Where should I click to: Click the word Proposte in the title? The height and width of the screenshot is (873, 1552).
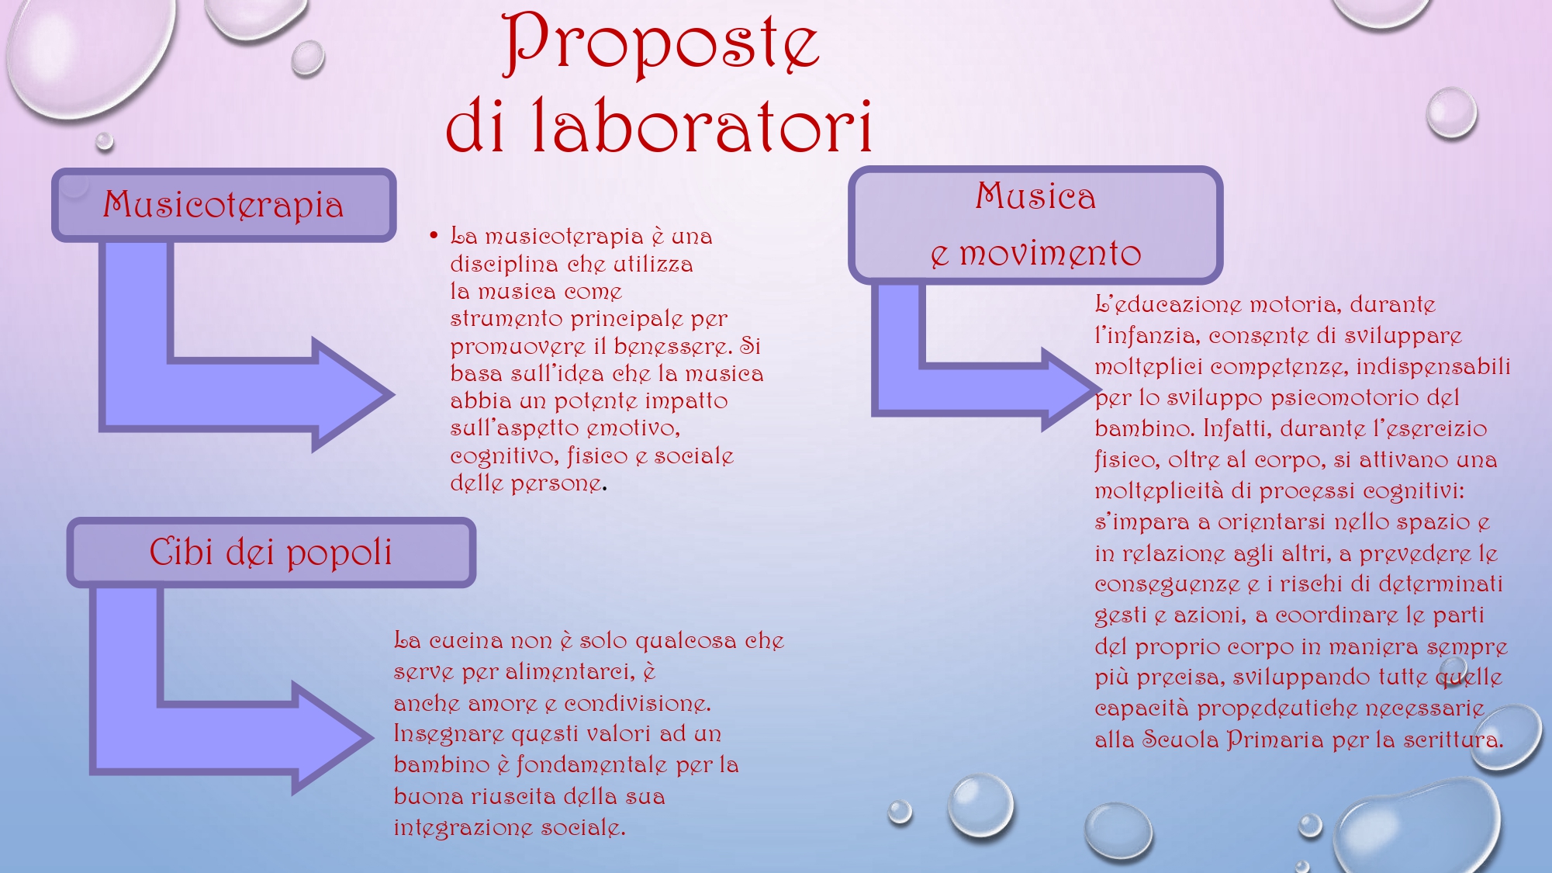(661, 44)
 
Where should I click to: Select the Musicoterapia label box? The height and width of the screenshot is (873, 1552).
(224, 205)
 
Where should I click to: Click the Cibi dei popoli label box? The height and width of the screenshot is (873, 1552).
(271, 553)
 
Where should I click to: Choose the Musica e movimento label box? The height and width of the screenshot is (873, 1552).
(1035, 225)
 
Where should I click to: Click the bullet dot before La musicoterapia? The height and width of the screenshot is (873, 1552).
(434, 235)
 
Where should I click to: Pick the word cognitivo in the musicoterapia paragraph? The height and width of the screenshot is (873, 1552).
(503, 456)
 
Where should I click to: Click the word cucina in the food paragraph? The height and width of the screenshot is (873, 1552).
(467, 641)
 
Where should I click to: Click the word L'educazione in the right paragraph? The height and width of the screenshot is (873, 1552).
(1168, 304)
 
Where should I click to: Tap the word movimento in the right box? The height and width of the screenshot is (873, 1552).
(1051, 254)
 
